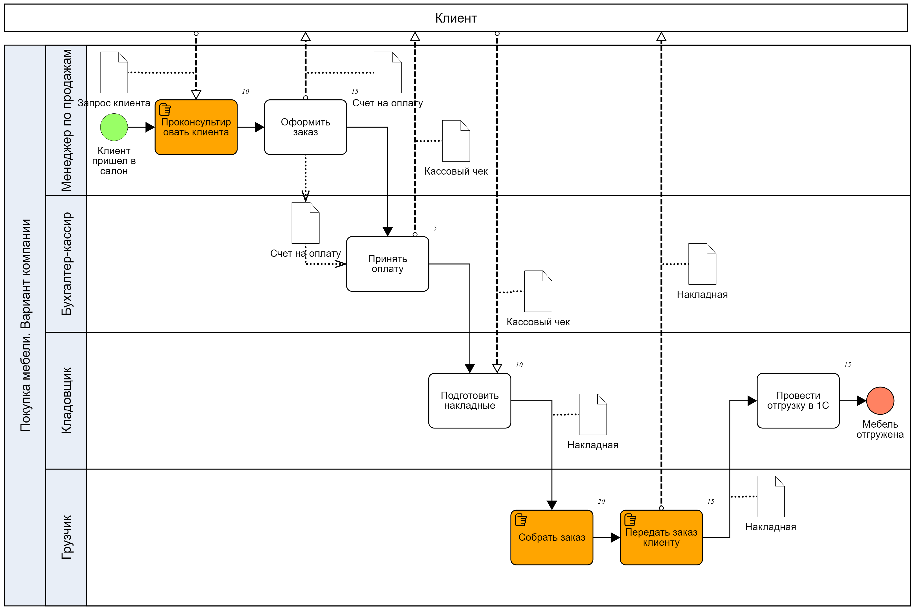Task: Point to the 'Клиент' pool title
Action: [x=456, y=18]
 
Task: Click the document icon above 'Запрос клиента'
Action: [x=114, y=72]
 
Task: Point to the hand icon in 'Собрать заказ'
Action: [x=521, y=520]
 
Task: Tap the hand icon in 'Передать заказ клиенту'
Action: [x=630, y=520]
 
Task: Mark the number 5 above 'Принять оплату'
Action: [x=435, y=228]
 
